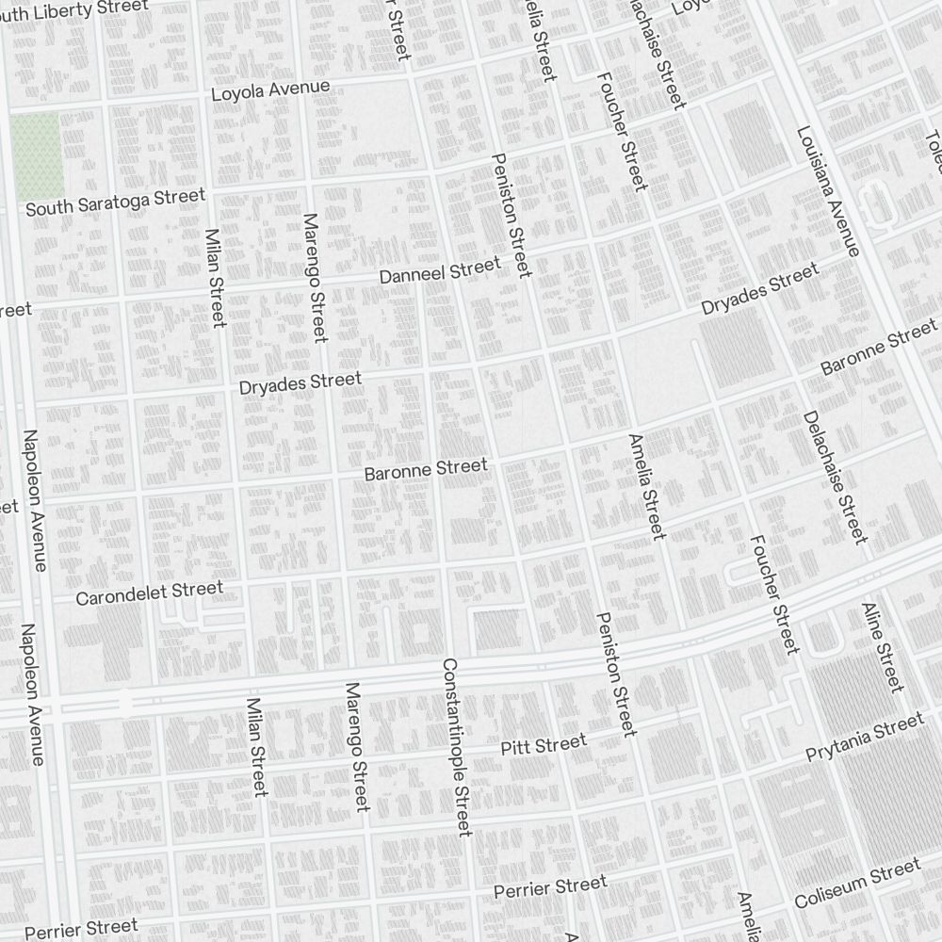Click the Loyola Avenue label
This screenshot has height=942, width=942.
[x=270, y=90]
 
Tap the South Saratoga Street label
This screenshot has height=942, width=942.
[x=115, y=202]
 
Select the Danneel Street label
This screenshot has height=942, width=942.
[x=439, y=271]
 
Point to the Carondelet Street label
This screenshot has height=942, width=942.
[x=149, y=593]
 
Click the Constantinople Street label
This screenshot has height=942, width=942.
[x=456, y=746]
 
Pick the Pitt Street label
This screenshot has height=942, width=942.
[x=543, y=744]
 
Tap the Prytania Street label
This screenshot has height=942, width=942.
[x=864, y=739]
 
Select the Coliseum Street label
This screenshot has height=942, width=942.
[x=856, y=884]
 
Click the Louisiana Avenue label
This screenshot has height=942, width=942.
[x=827, y=191]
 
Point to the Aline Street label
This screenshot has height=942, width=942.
[x=883, y=647]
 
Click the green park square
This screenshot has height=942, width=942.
[x=38, y=155]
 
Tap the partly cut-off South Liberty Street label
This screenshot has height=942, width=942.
[x=75, y=9]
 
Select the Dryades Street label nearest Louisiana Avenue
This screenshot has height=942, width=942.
[x=759, y=290]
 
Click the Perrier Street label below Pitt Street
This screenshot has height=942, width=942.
[x=551, y=887]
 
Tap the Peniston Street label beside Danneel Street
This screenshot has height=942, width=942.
[x=512, y=215]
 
